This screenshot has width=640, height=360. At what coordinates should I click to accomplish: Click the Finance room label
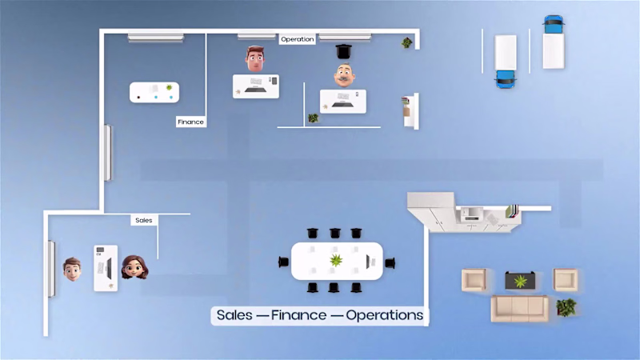click(190, 122)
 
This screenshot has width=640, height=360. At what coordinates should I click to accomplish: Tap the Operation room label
click(297, 39)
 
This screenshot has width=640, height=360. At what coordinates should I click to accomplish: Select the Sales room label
click(144, 220)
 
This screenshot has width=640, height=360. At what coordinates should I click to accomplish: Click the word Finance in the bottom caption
click(298, 315)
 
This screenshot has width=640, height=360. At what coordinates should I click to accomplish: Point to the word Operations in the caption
click(385, 315)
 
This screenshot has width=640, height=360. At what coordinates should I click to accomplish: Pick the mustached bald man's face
click(344, 75)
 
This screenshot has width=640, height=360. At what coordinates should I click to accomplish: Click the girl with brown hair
click(134, 267)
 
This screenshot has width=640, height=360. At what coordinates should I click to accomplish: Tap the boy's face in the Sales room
click(72, 269)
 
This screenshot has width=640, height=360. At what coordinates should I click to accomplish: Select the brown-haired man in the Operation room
click(255, 58)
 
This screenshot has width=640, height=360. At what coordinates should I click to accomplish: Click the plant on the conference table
click(336, 261)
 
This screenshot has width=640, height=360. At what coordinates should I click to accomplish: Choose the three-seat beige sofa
click(519, 309)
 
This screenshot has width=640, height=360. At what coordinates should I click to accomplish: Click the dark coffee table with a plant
click(520, 281)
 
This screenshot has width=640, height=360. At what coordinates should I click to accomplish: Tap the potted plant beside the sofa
click(566, 307)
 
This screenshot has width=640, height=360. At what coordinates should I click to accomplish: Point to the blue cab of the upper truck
click(554, 25)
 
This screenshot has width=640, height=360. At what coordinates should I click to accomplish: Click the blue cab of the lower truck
click(506, 78)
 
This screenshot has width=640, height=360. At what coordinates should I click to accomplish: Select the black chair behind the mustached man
click(344, 51)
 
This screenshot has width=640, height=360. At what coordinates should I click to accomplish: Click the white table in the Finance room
click(154, 92)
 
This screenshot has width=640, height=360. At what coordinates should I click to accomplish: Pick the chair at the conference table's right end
click(390, 263)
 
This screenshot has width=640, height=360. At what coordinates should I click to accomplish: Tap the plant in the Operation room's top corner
click(406, 42)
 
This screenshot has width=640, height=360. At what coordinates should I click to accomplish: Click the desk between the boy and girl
click(106, 268)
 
